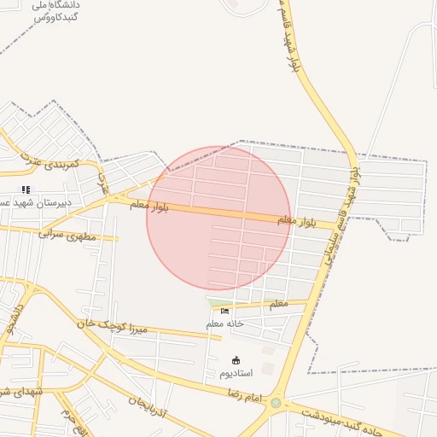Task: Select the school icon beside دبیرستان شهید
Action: pyautogui.click(x=26, y=189)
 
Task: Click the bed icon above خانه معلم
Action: pyautogui.click(x=224, y=311)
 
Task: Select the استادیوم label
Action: pyautogui.click(x=236, y=373)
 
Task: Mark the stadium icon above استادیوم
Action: pyautogui.click(x=236, y=360)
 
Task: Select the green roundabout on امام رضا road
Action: pyautogui.click(x=276, y=403)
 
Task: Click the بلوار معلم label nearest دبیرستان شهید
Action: pyautogui.click(x=149, y=206)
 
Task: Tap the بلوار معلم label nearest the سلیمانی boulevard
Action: pyautogui.click(x=296, y=221)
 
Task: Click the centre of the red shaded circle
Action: pyautogui.click(x=218, y=218)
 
